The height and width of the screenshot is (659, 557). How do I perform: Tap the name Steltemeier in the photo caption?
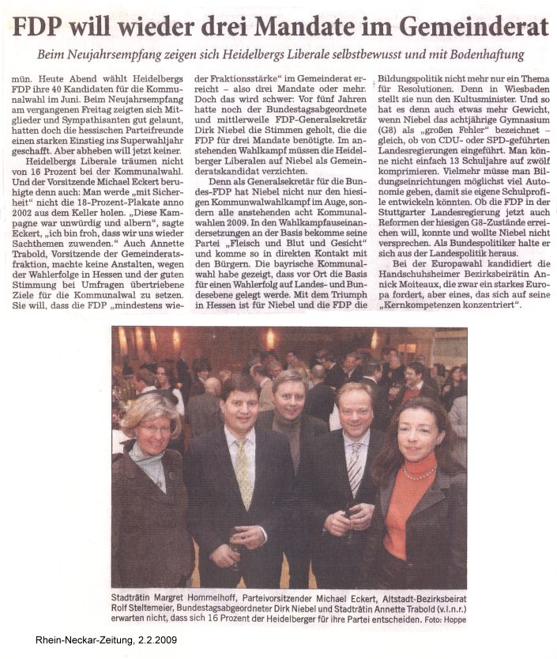[149, 609]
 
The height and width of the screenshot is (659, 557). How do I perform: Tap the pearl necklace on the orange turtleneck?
[420, 473]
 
